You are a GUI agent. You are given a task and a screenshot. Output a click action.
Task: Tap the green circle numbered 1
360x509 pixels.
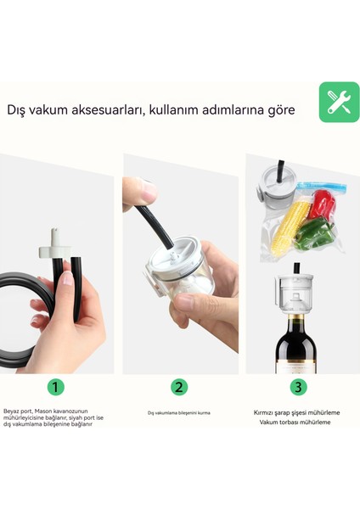click(x=55, y=387)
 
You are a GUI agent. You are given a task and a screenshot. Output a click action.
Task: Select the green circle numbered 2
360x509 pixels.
click(x=179, y=387)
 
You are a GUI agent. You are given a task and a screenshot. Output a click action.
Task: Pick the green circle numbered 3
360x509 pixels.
click(x=298, y=387)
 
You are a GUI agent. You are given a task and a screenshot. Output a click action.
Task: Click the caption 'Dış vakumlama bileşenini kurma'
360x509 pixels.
click(x=178, y=413)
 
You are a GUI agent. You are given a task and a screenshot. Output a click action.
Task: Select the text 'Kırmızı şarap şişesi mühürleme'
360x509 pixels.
click(x=298, y=411)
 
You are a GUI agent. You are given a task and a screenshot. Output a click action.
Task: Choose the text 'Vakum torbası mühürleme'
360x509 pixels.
click(x=298, y=422)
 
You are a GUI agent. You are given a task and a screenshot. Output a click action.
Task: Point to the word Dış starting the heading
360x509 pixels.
click(x=15, y=110)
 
